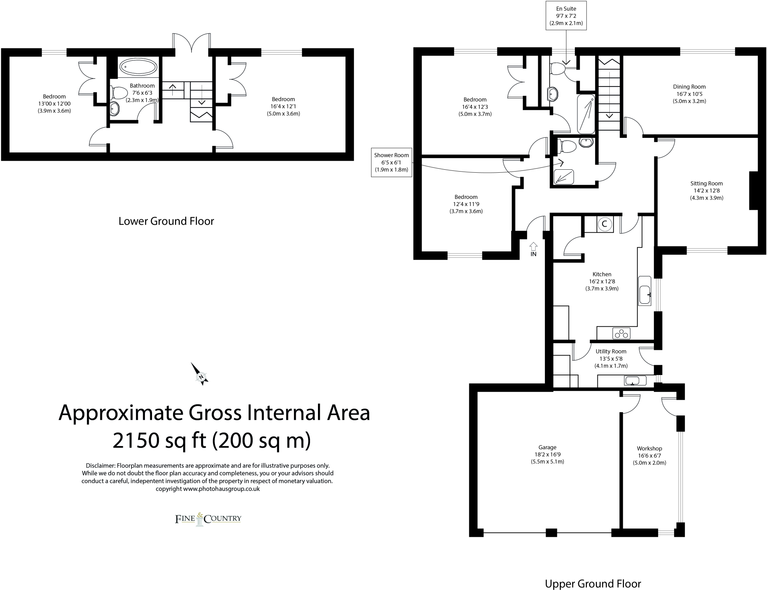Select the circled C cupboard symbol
(x=604, y=224)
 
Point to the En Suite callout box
(x=566, y=16)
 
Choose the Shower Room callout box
(x=391, y=162)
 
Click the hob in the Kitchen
(x=621, y=333)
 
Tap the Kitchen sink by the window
(x=645, y=295)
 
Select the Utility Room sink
(x=635, y=381)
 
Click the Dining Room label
(x=689, y=87)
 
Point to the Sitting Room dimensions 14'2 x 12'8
(x=707, y=190)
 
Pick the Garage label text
(x=547, y=447)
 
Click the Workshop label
(x=649, y=448)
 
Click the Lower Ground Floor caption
(x=166, y=221)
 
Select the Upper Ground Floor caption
(x=593, y=583)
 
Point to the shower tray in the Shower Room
(x=564, y=176)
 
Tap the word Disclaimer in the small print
(x=100, y=466)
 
